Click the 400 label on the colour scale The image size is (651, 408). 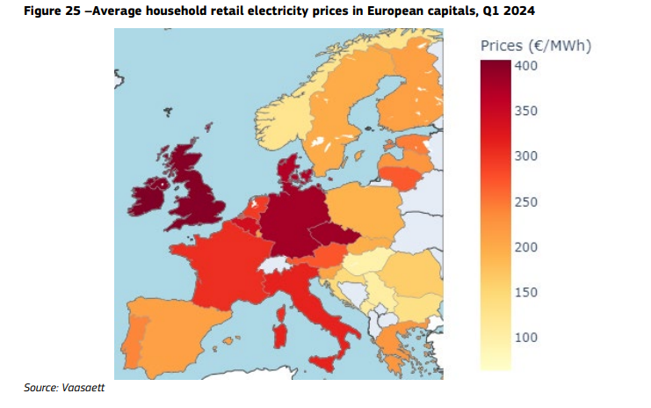click(x=526, y=66)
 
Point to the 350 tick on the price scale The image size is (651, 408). click(x=526, y=111)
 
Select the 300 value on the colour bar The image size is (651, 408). click(x=526, y=157)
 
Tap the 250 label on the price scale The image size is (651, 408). click(x=526, y=202)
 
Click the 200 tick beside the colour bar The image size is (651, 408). click(x=526, y=247)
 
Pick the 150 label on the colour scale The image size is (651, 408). click(x=526, y=293)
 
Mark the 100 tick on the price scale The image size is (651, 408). click(x=526, y=338)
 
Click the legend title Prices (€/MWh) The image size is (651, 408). click(x=536, y=46)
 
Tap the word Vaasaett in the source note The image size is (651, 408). click(x=83, y=388)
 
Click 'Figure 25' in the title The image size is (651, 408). click(x=52, y=11)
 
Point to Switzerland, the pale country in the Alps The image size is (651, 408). click(x=272, y=264)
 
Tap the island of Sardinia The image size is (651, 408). click(x=279, y=337)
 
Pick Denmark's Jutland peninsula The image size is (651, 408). click(x=287, y=171)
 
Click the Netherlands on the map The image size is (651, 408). click(x=257, y=207)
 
